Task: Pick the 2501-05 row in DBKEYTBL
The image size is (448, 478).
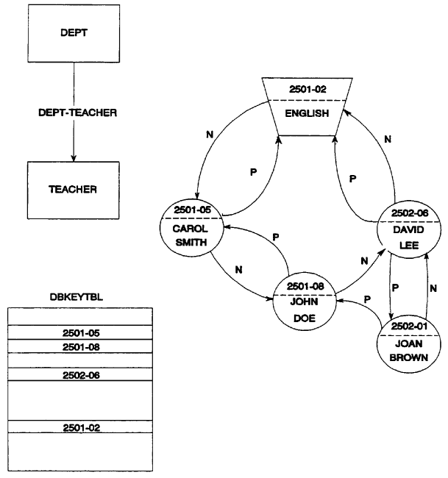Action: pos(79,332)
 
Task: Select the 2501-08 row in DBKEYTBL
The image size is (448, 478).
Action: pos(79,346)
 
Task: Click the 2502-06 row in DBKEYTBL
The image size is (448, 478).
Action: pos(79,374)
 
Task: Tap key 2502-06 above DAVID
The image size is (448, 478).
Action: pos(410,213)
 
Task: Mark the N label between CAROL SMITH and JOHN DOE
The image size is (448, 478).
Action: pos(238,269)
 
